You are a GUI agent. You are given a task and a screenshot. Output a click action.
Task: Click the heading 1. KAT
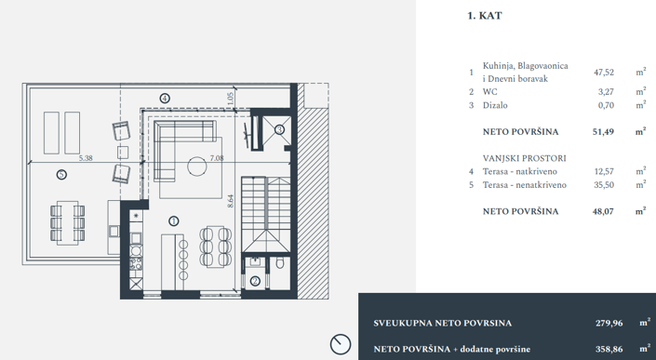point(484,16)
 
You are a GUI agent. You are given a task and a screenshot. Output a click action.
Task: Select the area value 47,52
point(604,71)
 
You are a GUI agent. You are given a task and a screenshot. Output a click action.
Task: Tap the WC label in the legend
point(490,92)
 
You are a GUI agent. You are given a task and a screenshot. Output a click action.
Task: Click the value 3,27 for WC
point(606,92)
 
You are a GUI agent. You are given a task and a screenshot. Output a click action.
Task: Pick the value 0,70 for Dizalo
point(606,106)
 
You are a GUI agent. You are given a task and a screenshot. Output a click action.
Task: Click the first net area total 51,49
point(604,132)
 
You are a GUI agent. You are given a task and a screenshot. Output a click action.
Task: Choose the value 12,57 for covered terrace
point(604,171)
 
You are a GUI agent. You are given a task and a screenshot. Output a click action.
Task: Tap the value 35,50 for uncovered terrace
point(604,185)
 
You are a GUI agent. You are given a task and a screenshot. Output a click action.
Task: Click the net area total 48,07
point(604,211)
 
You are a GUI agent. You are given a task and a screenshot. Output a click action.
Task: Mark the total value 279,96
point(609,323)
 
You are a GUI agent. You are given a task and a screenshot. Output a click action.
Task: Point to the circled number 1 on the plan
point(173,220)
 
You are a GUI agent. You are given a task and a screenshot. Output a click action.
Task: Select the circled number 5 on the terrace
point(60,173)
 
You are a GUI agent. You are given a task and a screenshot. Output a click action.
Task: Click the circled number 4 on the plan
point(165,97)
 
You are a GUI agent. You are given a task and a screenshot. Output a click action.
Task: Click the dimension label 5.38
point(87,159)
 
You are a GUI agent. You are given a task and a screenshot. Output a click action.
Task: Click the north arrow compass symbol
point(342,344)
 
